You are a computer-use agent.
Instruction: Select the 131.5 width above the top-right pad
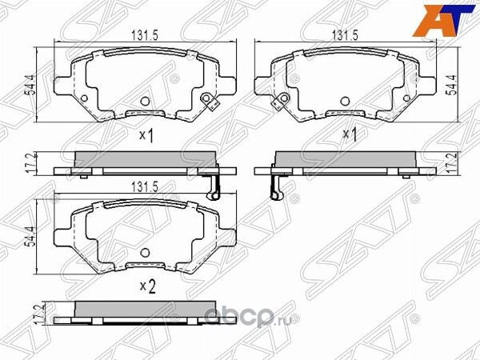(344, 35)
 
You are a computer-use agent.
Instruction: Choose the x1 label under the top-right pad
(349, 134)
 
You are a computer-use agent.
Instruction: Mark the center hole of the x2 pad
(145, 252)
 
